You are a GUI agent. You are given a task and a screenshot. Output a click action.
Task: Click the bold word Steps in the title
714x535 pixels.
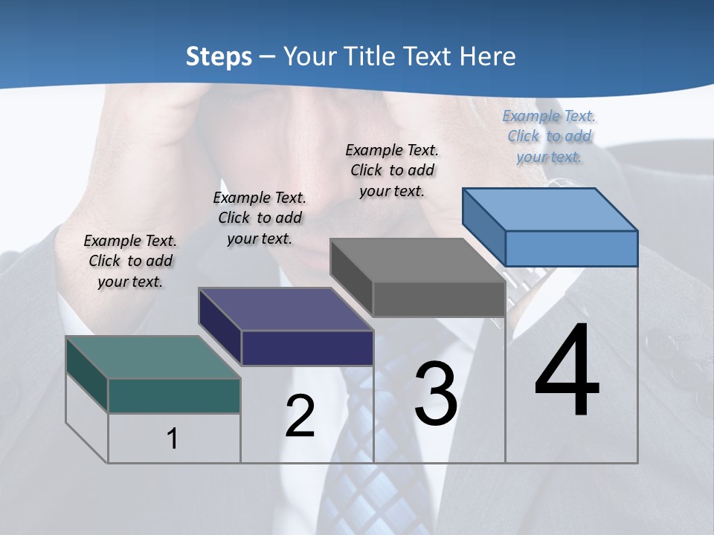coord(219,56)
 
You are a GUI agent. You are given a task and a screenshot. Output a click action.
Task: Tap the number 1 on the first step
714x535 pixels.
coord(172,439)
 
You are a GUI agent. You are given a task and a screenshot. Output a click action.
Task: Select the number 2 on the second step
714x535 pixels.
coord(300,417)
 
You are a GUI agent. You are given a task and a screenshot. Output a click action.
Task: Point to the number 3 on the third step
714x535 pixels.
coord(436,394)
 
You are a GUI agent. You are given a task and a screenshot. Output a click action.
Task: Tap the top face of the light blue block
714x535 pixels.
coord(550,210)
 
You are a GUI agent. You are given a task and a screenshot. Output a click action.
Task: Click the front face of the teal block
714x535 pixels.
coord(174,395)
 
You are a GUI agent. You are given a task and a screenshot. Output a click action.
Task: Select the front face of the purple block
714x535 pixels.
coord(307,348)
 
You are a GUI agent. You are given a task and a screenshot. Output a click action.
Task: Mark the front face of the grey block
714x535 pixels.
coord(439,299)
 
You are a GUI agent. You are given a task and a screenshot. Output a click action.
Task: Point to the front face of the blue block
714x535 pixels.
coord(571,248)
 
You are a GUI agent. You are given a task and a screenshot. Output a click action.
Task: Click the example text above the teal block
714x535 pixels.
coord(130,261)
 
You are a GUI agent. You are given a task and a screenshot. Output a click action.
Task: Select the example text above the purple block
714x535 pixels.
coord(260,218)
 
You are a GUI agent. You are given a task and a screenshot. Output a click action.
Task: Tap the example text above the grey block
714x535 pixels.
coord(392,170)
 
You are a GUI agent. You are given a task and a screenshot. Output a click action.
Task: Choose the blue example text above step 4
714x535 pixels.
coord(549,136)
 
